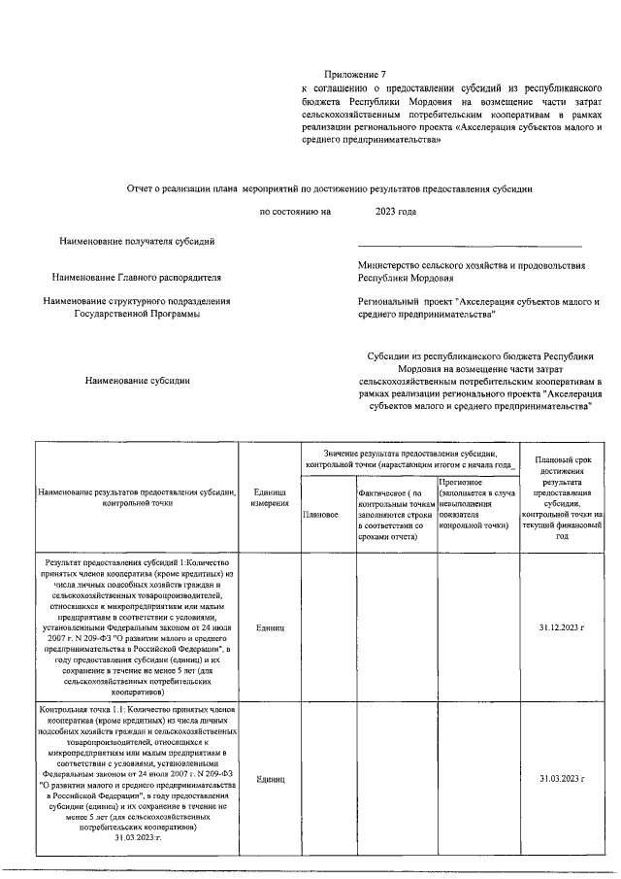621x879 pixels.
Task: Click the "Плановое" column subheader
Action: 320,514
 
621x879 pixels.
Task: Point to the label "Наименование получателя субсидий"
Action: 137,239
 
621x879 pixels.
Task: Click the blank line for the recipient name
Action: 470,246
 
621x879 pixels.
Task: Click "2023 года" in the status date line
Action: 395,211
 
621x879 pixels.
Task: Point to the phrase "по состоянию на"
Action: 295,211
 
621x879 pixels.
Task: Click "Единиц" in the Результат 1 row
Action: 269,627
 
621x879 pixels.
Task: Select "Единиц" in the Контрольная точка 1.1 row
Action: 269,779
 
